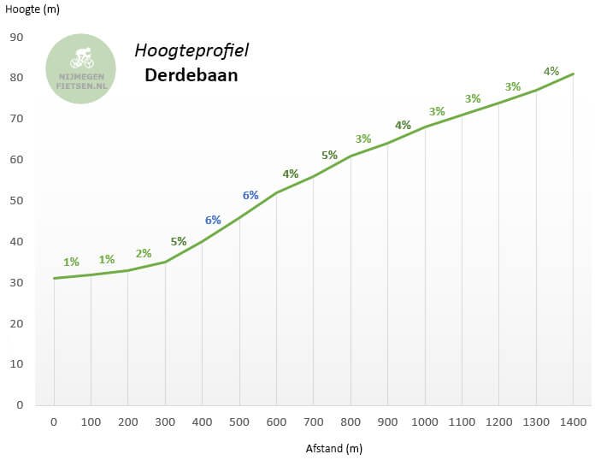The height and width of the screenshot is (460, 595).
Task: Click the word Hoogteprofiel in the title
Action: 191,50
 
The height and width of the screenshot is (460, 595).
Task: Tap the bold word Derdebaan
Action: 191,76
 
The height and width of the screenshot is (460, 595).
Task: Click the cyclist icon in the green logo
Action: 82,58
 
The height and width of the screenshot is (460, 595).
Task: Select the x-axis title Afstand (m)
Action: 334,448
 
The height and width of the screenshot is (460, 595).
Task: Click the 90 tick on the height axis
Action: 16,37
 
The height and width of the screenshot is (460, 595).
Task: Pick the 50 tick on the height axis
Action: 16,200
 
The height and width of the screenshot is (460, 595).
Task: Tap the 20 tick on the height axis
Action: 16,323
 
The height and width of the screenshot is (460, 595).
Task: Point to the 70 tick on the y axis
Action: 16,119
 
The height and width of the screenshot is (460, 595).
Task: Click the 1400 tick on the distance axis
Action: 573,422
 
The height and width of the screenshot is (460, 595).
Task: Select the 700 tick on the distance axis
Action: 313,422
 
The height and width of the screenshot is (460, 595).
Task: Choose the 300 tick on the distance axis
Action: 165,422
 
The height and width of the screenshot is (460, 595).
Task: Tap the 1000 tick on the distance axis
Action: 425,422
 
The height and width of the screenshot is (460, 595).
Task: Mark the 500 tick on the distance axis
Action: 239,422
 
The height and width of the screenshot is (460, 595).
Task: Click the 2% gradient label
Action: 143,253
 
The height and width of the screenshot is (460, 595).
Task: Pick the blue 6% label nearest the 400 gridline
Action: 213,220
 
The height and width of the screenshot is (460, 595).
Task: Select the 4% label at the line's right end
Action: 551,71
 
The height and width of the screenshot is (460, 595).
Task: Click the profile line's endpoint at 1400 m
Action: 574,74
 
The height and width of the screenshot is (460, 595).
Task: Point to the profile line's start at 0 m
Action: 54,278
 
